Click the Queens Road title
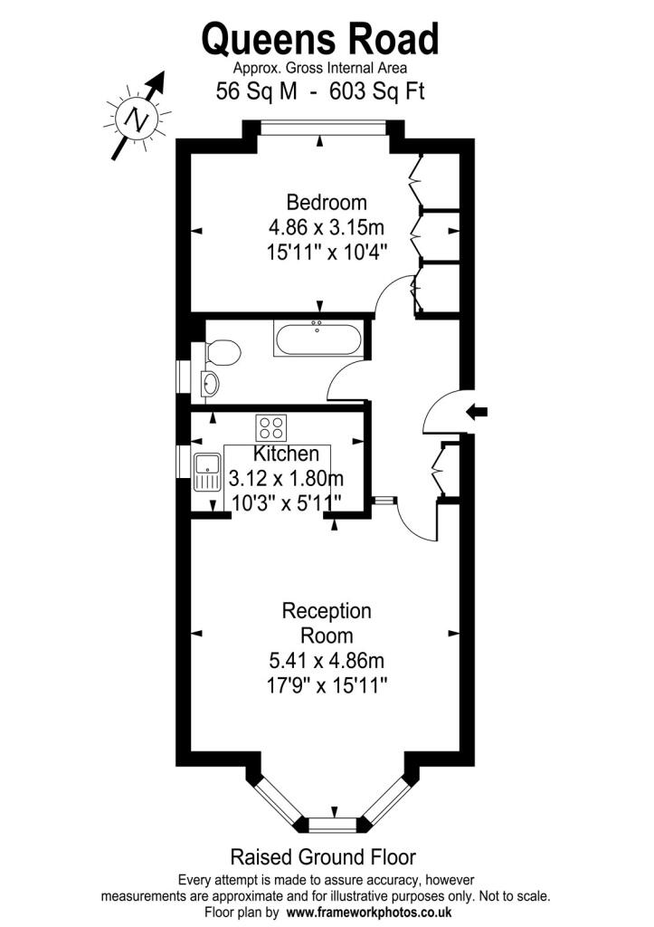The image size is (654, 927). [x=320, y=39]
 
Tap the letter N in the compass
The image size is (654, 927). [x=137, y=120]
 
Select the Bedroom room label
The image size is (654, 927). [x=327, y=202]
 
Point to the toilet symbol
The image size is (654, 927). [x=223, y=353]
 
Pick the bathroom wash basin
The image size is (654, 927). [x=210, y=384]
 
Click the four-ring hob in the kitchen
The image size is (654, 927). [x=271, y=427]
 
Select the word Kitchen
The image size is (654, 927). [x=287, y=454]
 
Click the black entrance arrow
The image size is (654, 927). [x=478, y=412]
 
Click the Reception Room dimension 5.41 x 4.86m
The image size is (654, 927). [x=327, y=660]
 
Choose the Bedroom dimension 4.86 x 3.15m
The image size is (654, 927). [x=327, y=227]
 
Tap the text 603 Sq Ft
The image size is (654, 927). [x=377, y=91]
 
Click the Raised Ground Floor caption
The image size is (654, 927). [x=323, y=856]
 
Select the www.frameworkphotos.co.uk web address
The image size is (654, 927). [x=369, y=912]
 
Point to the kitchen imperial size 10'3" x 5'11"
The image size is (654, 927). [x=286, y=503]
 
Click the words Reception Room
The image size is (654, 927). [x=327, y=623]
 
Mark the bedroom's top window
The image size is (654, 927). [x=323, y=128]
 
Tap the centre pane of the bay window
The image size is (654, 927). [x=333, y=824]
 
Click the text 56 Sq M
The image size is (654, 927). [x=256, y=91]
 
